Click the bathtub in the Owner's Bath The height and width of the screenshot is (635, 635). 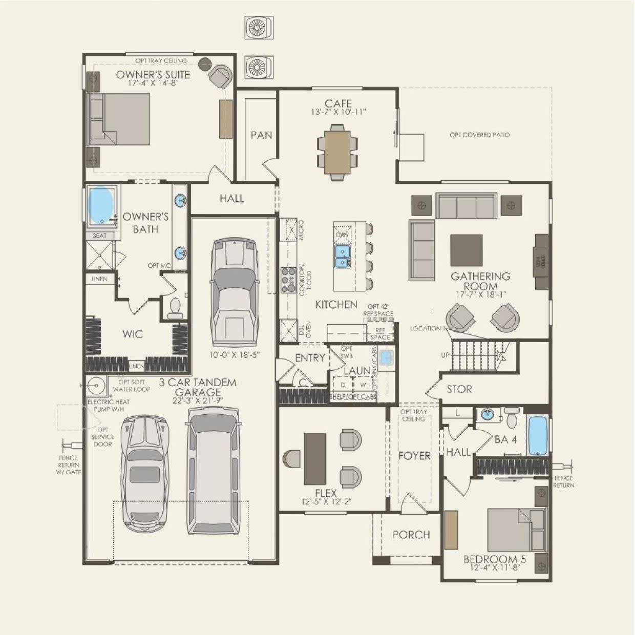101,204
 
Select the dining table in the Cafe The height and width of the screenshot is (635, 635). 337,152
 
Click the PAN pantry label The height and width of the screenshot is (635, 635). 261,135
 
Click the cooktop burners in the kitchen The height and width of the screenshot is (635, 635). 285,280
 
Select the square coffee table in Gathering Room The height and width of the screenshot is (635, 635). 466,250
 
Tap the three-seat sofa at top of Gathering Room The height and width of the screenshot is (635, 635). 467,206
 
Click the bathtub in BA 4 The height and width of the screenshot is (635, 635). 538,435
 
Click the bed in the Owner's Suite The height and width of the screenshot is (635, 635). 120,119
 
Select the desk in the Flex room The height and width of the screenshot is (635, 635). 315,459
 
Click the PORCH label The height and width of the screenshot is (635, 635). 411,535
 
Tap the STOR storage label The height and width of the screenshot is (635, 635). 459,389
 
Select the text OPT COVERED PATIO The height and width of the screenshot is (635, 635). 479,135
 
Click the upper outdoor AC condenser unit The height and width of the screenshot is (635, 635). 259,28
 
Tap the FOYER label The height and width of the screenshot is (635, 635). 414,455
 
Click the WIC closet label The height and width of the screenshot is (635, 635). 133,334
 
